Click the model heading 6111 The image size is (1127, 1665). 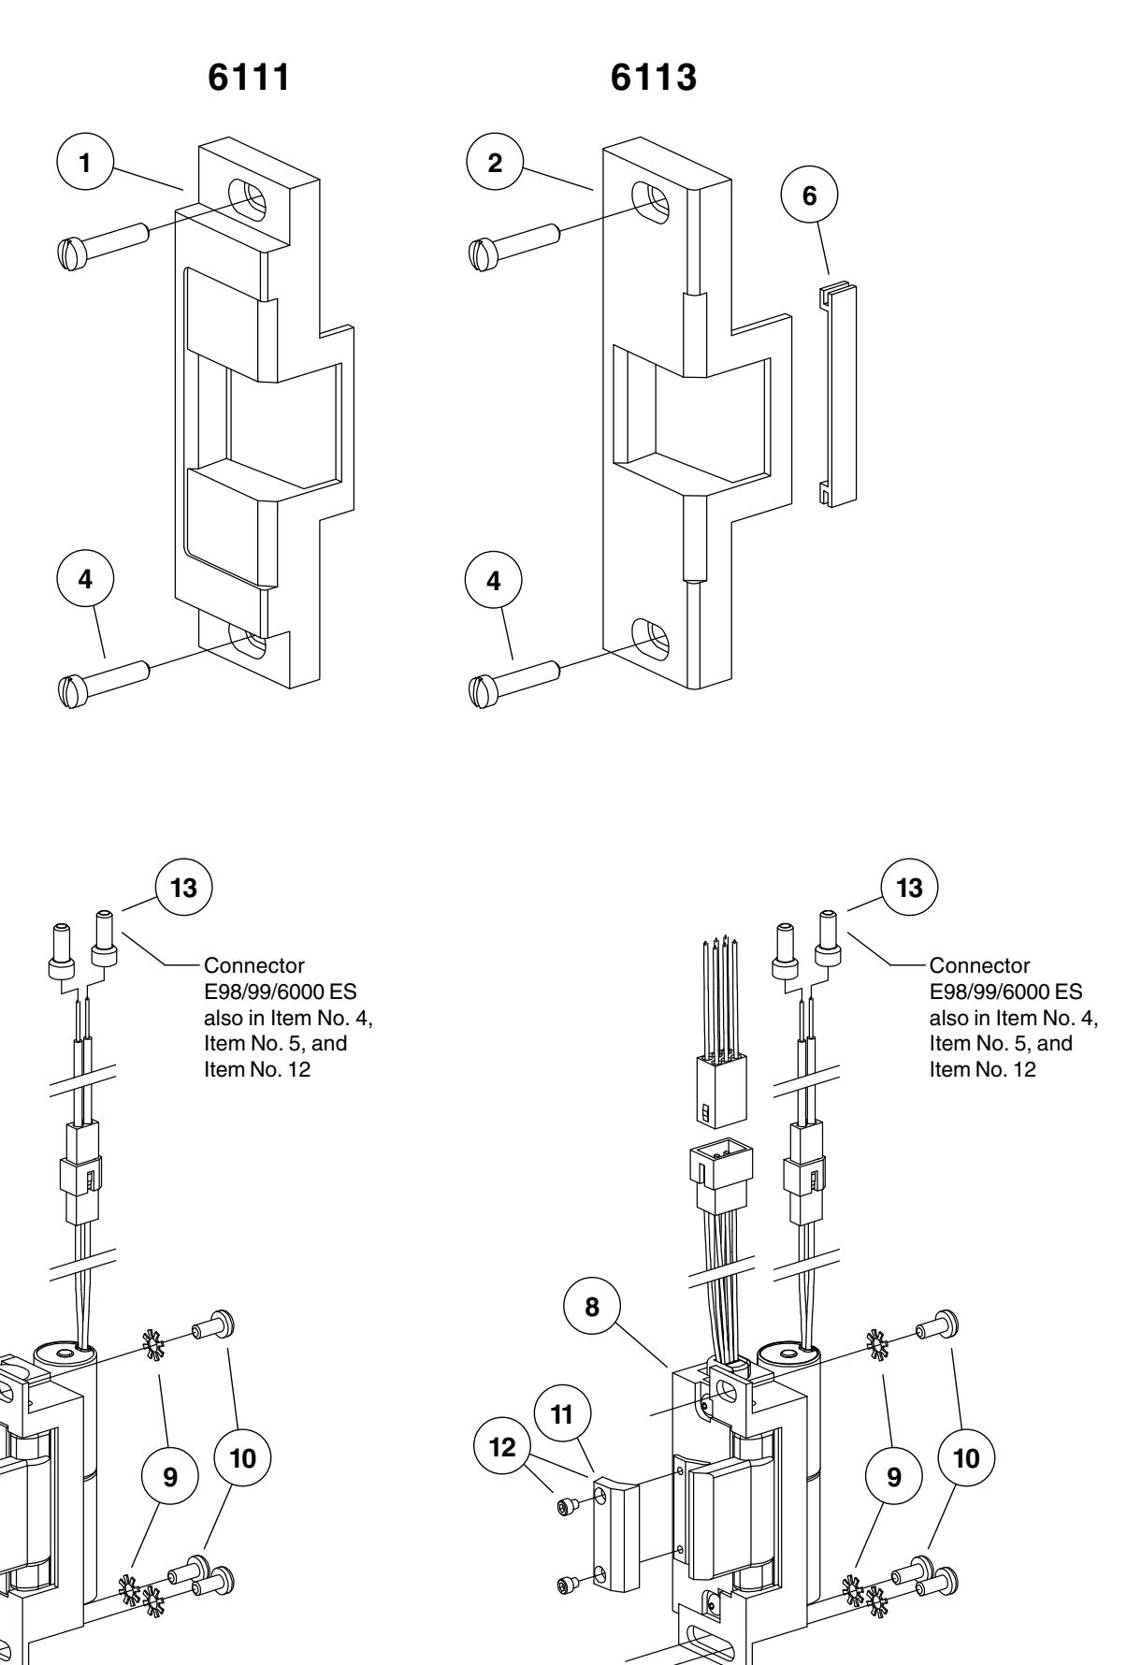click(x=247, y=79)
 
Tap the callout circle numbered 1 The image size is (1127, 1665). click(x=85, y=163)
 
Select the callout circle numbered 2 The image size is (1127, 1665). click(x=495, y=163)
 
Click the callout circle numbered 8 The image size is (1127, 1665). click(x=593, y=1307)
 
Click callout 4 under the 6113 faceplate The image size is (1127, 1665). click(x=495, y=581)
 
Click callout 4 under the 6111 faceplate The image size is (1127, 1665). click(x=85, y=581)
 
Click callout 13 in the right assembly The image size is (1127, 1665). click(x=910, y=888)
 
